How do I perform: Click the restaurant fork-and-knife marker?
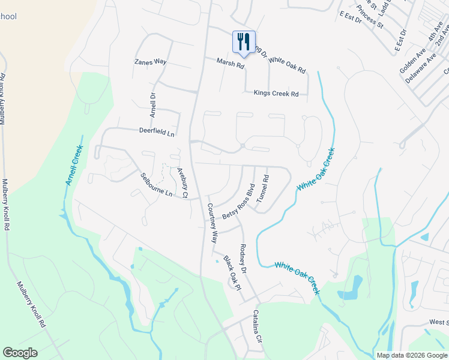pyautogui.click(x=244, y=42)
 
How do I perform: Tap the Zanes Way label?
pyautogui.click(x=150, y=62)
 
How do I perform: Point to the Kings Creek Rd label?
pyautogui.click(x=276, y=94)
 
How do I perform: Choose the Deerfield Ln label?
pyautogui.click(x=156, y=131)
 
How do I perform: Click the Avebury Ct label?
pyautogui.click(x=182, y=183)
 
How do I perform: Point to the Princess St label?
pyautogui.click(x=370, y=17)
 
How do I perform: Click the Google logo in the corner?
pyautogui.click(x=20, y=352)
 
